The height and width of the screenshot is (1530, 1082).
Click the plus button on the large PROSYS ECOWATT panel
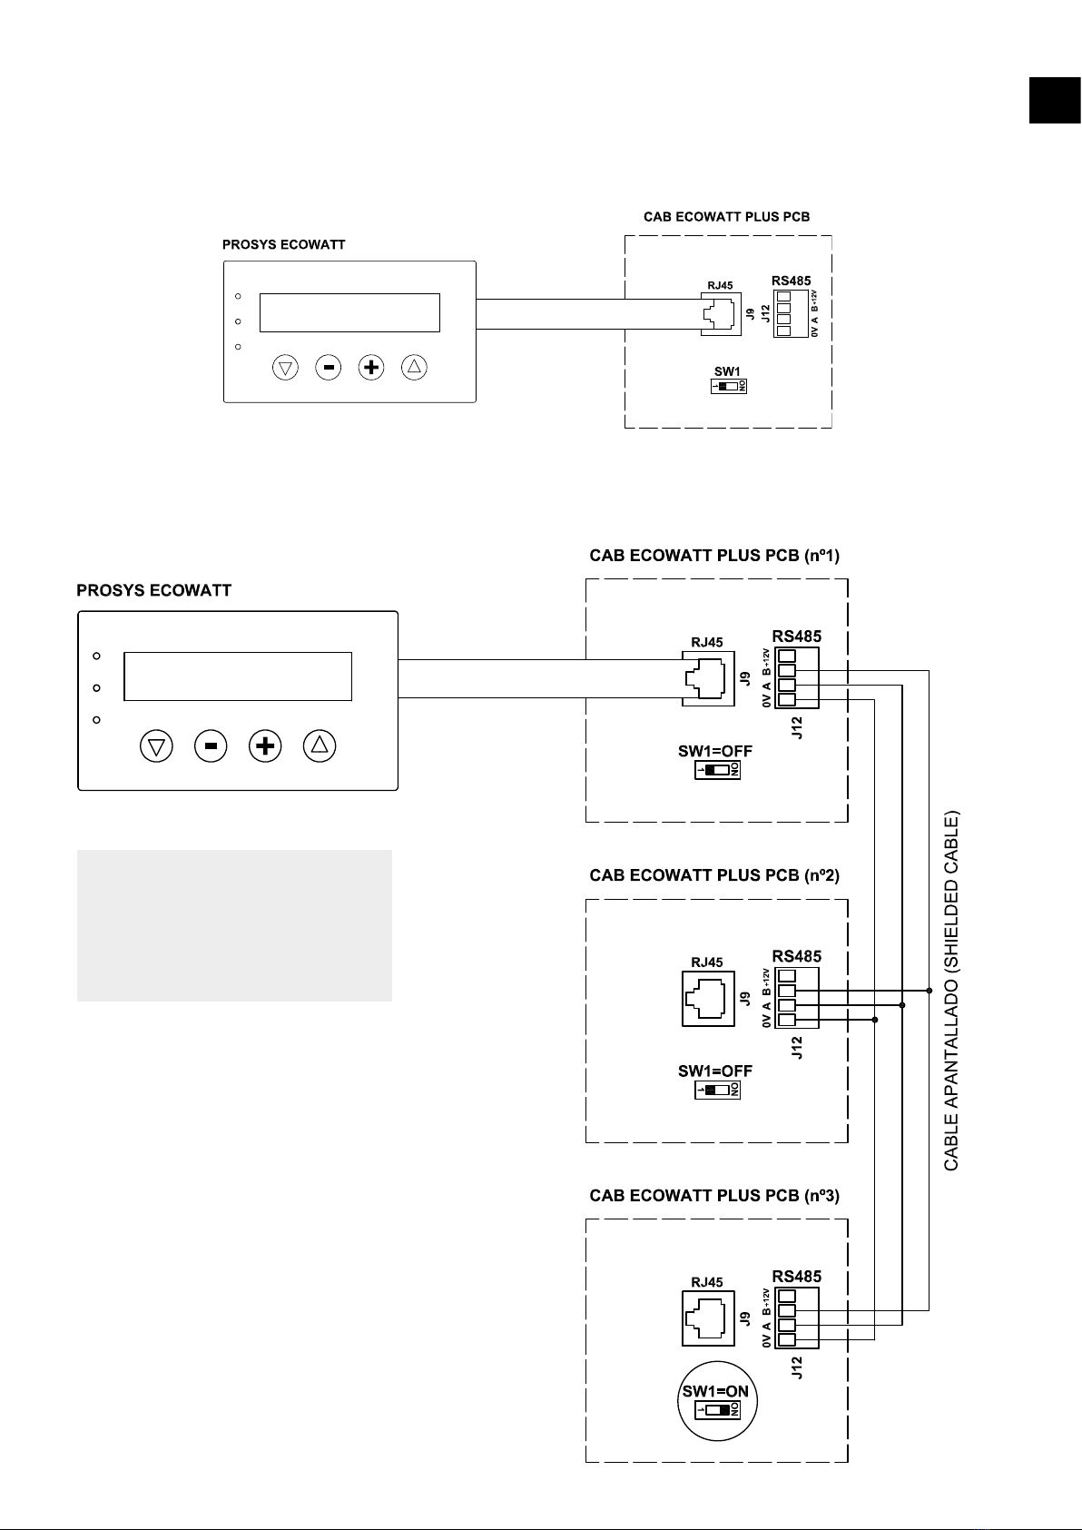pyautogui.click(x=265, y=746)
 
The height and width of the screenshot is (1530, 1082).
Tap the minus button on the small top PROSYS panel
pyautogui.click(x=329, y=368)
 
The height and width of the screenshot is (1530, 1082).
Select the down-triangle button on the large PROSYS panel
pyautogui.click(x=157, y=746)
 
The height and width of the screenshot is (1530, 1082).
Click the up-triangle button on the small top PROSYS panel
pyautogui.click(x=414, y=368)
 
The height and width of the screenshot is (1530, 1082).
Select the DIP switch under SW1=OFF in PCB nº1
pyautogui.click(x=718, y=771)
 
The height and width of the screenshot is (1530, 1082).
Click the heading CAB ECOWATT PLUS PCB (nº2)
pyautogui.click(x=714, y=875)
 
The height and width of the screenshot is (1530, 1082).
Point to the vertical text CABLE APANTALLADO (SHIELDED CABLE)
pyautogui.click(x=951, y=991)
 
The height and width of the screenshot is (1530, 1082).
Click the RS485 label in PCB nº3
pyautogui.click(x=796, y=1277)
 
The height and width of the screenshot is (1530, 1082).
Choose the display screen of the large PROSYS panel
pyautogui.click(x=238, y=676)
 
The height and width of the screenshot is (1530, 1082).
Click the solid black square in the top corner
pyautogui.click(x=1055, y=100)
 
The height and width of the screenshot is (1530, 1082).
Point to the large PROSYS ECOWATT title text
pyautogui.click(x=153, y=591)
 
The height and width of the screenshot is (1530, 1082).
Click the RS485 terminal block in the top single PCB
pyautogui.click(x=784, y=313)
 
